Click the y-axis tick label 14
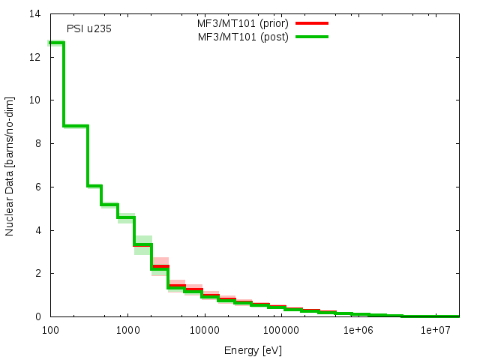pyautogui.click(x=34, y=14)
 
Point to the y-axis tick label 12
pyautogui.click(x=34, y=57)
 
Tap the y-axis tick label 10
pyautogui.click(x=34, y=100)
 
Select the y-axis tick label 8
pyautogui.click(x=37, y=144)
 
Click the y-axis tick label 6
pyautogui.click(x=37, y=187)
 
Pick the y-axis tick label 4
pyautogui.click(x=37, y=230)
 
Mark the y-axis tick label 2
pyautogui.click(x=37, y=274)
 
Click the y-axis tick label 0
pyautogui.click(x=37, y=316)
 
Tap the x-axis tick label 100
pyautogui.click(x=50, y=330)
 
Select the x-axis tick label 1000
pyautogui.click(x=127, y=330)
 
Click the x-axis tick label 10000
pyautogui.click(x=204, y=330)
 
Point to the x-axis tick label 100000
pyautogui.click(x=281, y=330)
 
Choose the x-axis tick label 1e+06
pyautogui.click(x=358, y=330)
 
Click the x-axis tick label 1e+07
pyautogui.click(x=435, y=330)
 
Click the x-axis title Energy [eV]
pyautogui.click(x=253, y=350)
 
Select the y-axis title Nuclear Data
pyautogui.click(x=10, y=166)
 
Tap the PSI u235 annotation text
pyautogui.click(x=84, y=30)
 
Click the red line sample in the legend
pyautogui.click(x=312, y=23)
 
